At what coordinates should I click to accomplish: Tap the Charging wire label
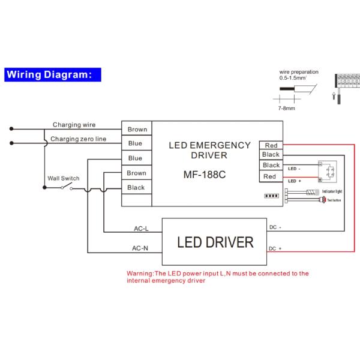point(74,125)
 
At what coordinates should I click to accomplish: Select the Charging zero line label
point(78,139)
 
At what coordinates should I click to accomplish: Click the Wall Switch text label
point(63,178)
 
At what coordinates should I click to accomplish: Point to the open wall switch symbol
point(65,187)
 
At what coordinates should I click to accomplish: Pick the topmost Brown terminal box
point(137,129)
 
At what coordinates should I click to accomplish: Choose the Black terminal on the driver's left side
point(136,188)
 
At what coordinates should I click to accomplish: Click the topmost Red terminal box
point(271,145)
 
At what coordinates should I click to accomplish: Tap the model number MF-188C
point(204,176)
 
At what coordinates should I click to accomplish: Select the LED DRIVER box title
point(215,243)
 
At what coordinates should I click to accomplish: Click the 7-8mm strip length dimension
point(286,109)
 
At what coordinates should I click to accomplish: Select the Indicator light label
point(332,191)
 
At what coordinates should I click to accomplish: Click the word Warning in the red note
point(140,273)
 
